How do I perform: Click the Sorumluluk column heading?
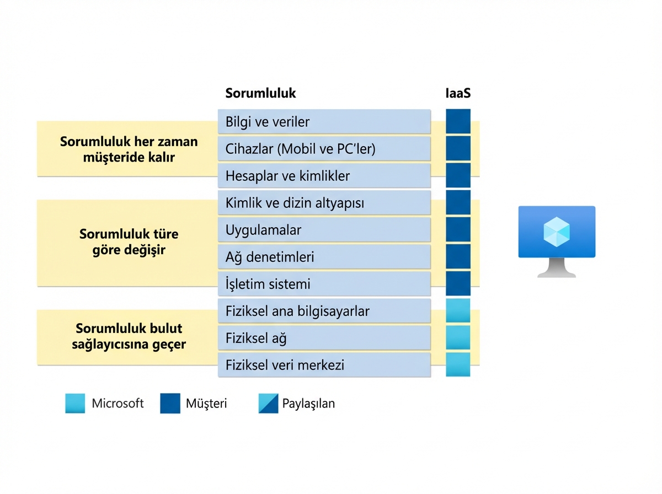260,93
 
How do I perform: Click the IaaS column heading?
458,93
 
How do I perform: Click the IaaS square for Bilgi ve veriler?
458,121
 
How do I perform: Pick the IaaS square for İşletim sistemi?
458,284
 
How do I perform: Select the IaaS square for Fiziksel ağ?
458,338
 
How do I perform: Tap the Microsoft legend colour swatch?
75,403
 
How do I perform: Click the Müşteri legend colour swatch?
170,403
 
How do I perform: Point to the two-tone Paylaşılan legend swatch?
268,403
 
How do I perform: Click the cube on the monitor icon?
557,231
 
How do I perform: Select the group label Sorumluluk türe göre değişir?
129,241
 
